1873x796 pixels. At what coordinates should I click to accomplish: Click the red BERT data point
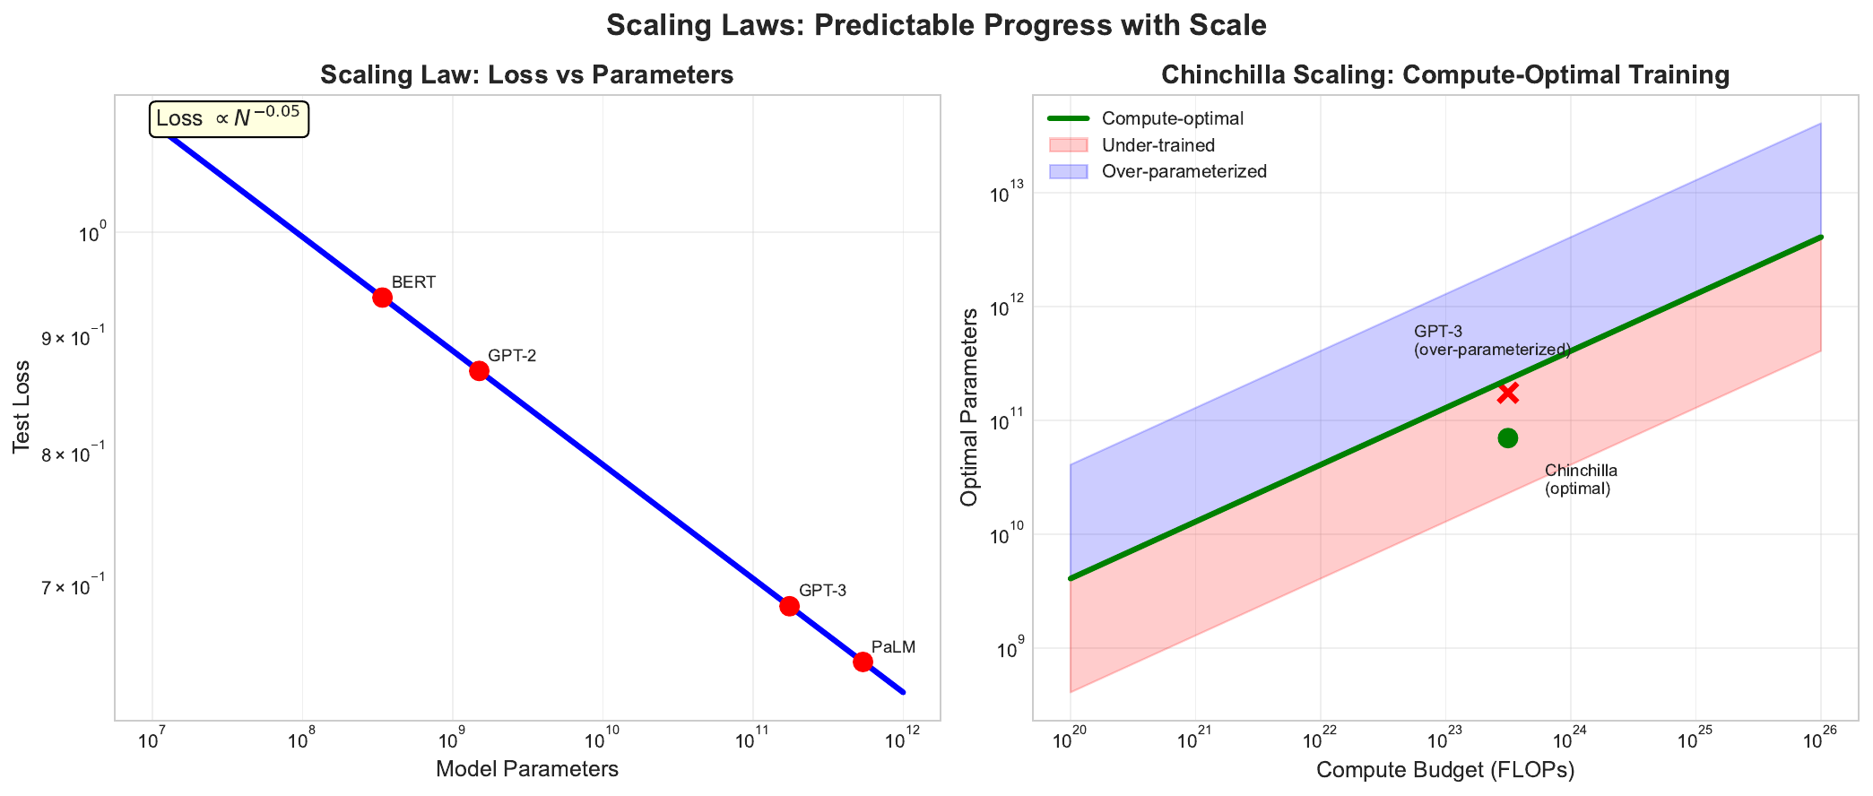[382, 298]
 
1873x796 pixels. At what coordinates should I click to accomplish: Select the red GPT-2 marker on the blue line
[479, 371]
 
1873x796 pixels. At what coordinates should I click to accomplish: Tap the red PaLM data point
[863, 662]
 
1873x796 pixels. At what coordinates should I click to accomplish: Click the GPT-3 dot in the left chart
[789, 606]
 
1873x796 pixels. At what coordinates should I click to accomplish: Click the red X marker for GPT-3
[1507, 393]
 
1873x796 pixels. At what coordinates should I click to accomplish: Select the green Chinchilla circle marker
[1507, 437]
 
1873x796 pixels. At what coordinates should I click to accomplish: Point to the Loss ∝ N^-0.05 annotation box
[229, 119]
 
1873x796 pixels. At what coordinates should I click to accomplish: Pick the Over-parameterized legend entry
[1184, 171]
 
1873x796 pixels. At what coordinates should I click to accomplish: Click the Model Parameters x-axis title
[527, 769]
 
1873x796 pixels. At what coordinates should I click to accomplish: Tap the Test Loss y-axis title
[22, 407]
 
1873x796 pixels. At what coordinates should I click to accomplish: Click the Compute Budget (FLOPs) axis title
[1445, 770]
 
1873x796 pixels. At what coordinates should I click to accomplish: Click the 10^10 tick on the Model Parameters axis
[602, 741]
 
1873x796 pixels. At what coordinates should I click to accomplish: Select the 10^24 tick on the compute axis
[1570, 741]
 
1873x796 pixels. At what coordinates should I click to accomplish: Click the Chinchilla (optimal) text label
[1580, 480]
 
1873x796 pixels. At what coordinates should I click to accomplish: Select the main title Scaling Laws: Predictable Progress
[936, 25]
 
